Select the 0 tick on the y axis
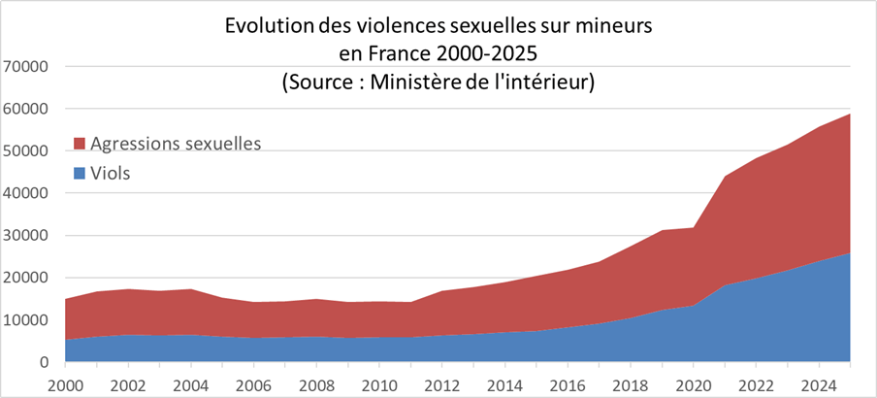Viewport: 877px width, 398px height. [x=44, y=362]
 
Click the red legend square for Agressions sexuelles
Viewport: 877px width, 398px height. [x=81, y=145]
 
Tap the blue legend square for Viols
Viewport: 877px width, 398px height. [x=81, y=174]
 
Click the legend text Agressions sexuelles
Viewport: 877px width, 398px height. [x=176, y=145]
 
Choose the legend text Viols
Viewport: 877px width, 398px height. [x=111, y=174]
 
